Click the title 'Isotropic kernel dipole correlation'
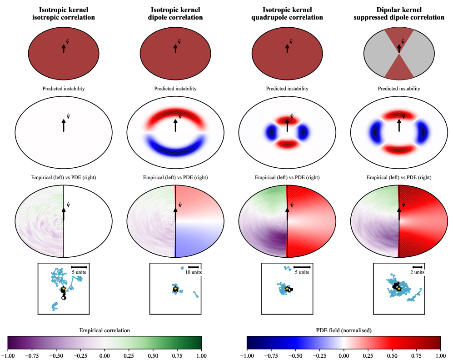(x=175, y=14)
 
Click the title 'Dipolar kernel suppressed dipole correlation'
(x=398, y=14)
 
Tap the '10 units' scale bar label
(x=193, y=272)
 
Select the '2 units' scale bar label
(x=417, y=272)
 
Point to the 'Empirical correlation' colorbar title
(x=104, y=330)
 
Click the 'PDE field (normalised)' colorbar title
(x=343, y=330)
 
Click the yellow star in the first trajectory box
(x=64, y=289)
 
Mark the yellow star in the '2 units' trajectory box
(x=398, y=288)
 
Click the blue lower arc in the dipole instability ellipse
(x=175, y=150)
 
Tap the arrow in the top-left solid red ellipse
(x=63, y=48)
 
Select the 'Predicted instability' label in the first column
(x=63, y=89)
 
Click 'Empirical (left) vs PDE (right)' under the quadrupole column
(x=287, y=177)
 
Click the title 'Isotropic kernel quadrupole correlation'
(x=287, y=14)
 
